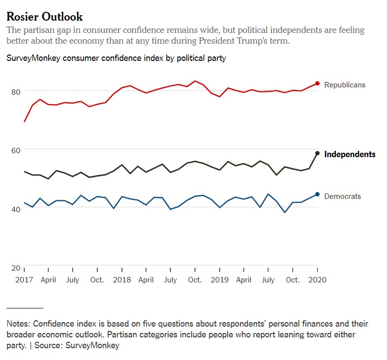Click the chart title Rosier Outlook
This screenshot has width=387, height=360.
click(x=44, y=17)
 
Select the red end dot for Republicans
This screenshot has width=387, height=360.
click(x=317, y=83)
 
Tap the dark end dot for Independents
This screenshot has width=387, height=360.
click(x=317, y=153)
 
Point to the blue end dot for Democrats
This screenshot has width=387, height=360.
click(x=317, y=194)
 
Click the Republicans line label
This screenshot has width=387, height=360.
click(x=345, y=85)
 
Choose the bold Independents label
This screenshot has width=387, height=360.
click(x=350, y=154)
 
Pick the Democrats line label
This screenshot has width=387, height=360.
click(x=342, y=196)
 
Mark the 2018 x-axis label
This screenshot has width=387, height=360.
click(x=121, y=280)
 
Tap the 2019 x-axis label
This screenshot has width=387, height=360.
click(x=219, y=280)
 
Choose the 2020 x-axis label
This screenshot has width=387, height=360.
click(x=317, y=280)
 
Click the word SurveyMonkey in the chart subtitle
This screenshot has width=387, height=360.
click(x=31, y=58)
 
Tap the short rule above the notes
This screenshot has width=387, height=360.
click(x=25, y=308)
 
